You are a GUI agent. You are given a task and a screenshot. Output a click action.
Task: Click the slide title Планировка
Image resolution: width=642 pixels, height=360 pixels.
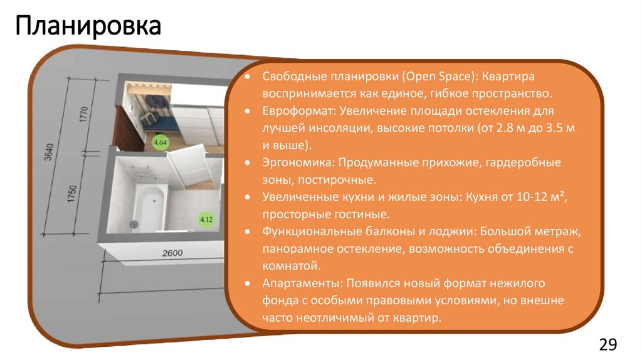pyautogui.click(x=88, y=27)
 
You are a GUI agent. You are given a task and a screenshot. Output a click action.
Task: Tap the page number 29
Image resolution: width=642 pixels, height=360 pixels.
pyautogui.click(x=608, y=344)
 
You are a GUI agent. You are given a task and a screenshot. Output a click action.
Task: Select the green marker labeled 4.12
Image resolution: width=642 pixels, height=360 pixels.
pyautogui.click(x=206, y=220)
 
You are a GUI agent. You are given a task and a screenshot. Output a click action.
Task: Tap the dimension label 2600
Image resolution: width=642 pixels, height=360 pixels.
pyautogui.click(x=172, y=253)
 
